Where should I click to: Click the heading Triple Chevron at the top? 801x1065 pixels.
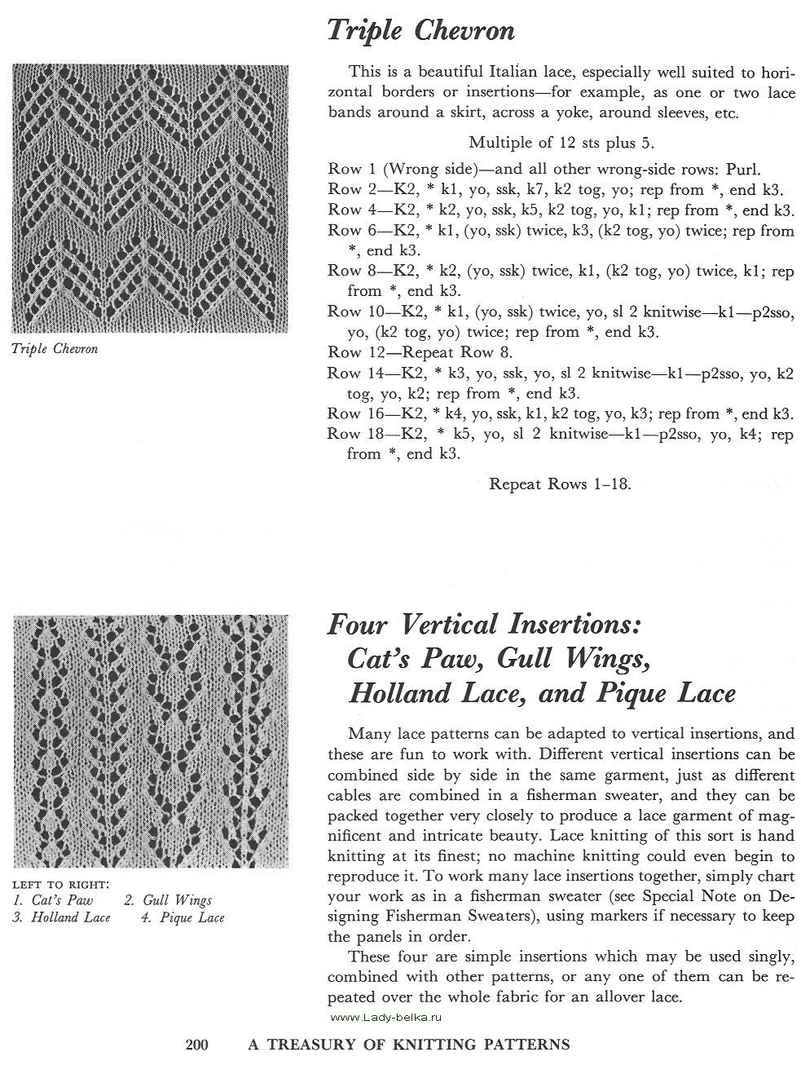[x=420, y=31]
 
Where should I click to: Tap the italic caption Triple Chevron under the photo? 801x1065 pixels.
[x=55, y=349]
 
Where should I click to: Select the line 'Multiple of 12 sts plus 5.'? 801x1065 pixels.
[x=561, y=144]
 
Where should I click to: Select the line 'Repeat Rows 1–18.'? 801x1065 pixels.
[x=561, y=484]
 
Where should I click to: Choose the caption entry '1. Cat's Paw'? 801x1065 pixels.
[x=53, y=900]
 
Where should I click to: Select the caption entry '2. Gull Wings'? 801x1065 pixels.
[x=168, y=900]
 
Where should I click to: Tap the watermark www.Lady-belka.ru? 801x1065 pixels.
[x=386, y=1017]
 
